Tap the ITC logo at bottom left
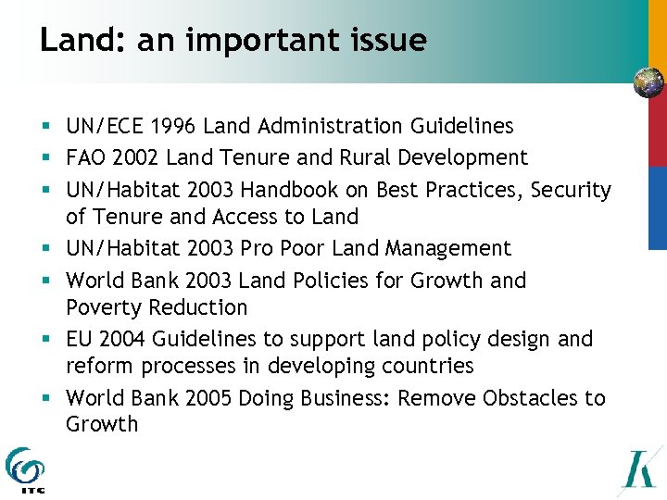click(24, 469)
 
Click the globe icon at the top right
click(648, 83)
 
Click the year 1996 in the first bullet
click(173, 126)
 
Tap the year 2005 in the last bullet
click(209, 398)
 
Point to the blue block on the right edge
click(657, 208)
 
